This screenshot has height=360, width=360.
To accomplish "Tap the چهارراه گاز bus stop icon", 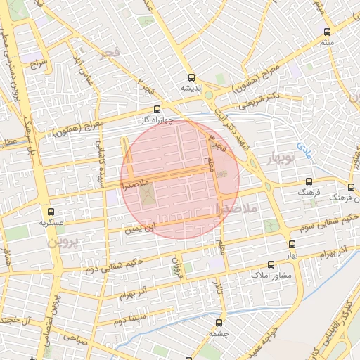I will pyautogui.click(x=156, y=109).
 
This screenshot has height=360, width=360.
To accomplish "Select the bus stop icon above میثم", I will pyautogui.click(x=327, y=32).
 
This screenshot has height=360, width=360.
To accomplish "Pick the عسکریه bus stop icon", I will pyautogui.click(x=50, y=211).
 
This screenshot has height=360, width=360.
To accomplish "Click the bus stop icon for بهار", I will pyautogui.click(x=291, y=244).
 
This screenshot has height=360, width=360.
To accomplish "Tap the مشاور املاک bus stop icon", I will pyautogui.click(x=255, y=264).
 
